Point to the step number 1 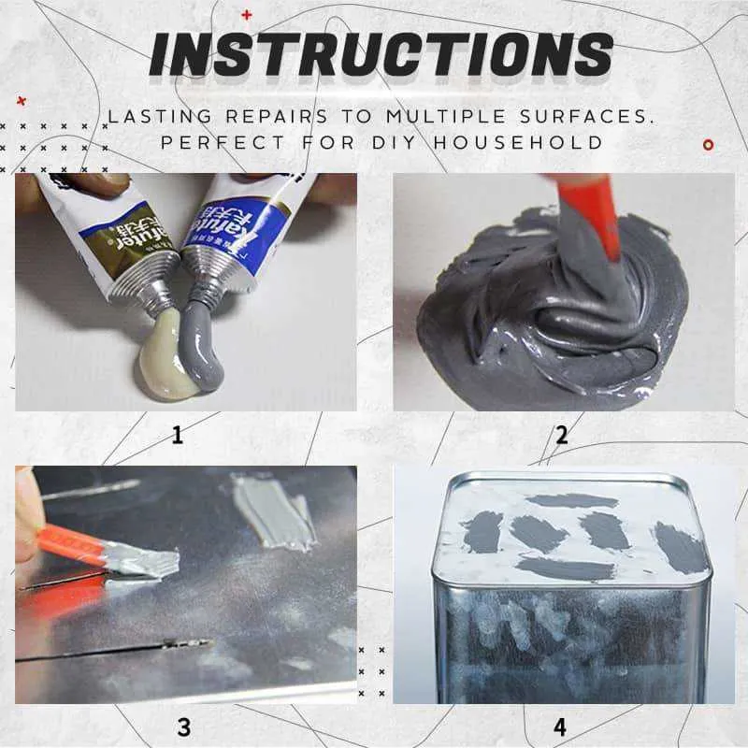[x=178, y=435]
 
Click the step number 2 [x=562, y=435]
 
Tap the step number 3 [x=184, y=726]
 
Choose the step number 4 [x=560, y=726]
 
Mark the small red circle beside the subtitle [x=708, y=144]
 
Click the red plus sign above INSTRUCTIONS [x=247, y=14]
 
